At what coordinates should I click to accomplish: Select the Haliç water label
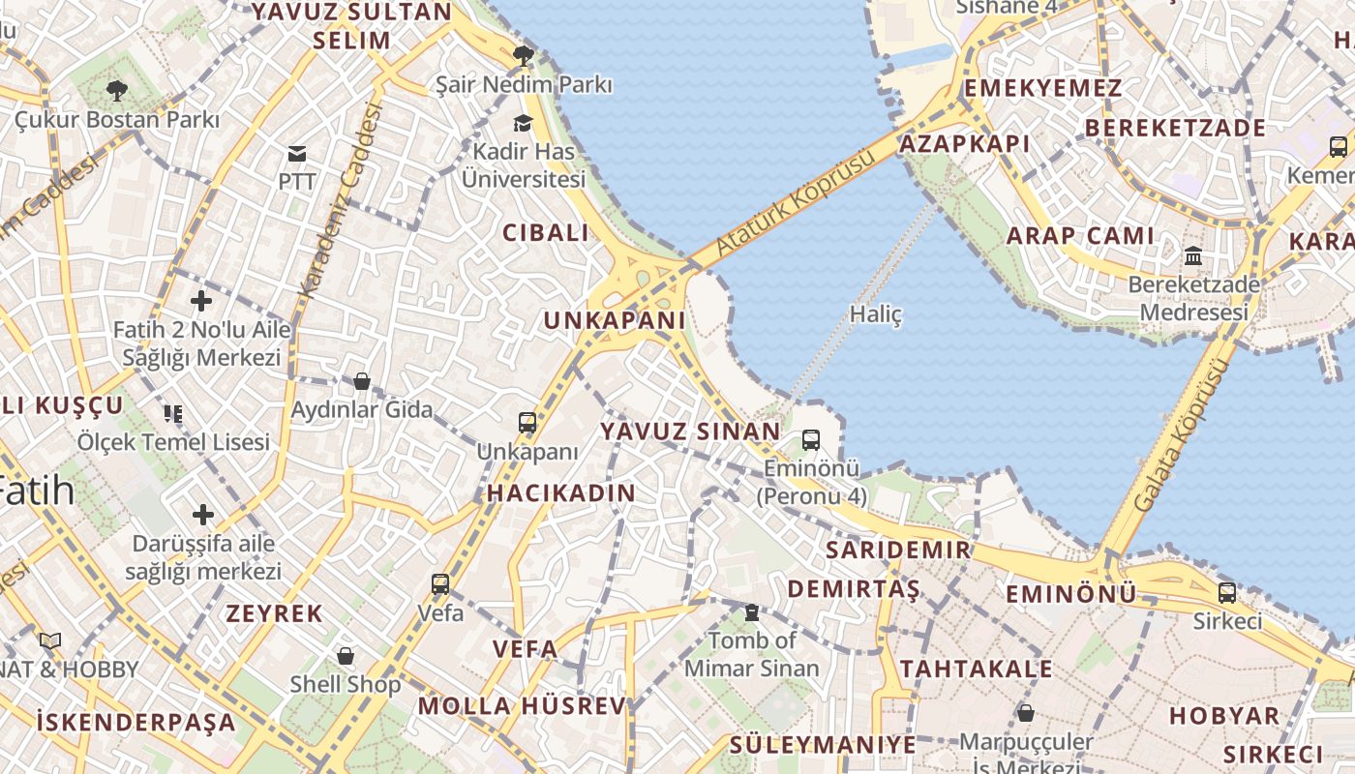point(875,314)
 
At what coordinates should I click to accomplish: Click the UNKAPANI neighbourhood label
point(615,320)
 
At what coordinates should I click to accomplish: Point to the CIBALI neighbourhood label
point(546,232)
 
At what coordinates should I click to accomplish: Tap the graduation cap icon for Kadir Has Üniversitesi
point(524,123)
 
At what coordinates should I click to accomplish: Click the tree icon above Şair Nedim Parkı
point(524,55)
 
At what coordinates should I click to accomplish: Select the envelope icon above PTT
point(296,153)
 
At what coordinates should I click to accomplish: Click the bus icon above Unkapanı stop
point(527,423)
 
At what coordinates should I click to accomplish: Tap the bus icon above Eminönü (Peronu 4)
point(811,440)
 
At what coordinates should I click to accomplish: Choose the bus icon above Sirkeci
point(1227,592)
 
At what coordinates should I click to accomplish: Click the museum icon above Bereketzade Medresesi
point(1193,256)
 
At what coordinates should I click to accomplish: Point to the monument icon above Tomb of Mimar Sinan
point(751,611)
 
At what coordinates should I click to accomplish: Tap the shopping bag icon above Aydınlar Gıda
point(362,381)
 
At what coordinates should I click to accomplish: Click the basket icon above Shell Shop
point(346,656)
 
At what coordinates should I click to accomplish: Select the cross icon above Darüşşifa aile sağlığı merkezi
point(203,514)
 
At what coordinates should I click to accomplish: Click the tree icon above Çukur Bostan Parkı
point(117,92)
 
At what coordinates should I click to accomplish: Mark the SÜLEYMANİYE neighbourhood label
point(823,745)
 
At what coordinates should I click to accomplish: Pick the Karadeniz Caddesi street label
point(341,198)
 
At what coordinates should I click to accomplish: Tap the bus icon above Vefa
point(440,584)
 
